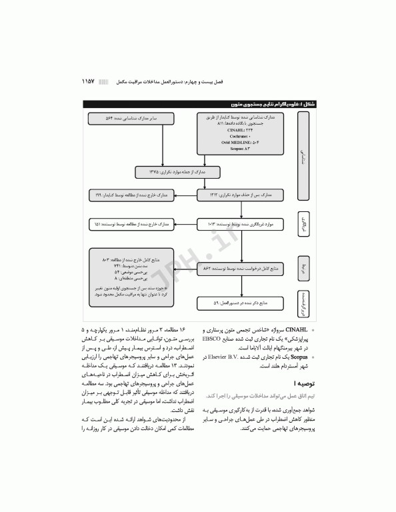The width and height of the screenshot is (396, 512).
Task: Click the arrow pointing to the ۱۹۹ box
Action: [x=183, y=195]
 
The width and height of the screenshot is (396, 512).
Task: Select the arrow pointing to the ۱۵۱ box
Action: [x=183, y=225]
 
